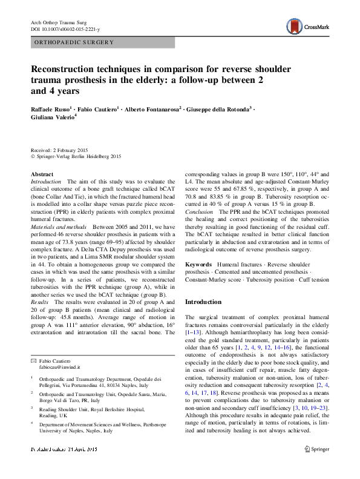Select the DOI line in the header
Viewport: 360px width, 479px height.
(x=65, y=29)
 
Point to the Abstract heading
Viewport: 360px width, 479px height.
(x=42, y=174)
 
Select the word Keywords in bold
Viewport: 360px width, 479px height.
(x=198, y=265)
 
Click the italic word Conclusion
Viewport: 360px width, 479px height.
(x=199, y=213)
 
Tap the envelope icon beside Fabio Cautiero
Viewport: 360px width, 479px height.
(x=33, y=360)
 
